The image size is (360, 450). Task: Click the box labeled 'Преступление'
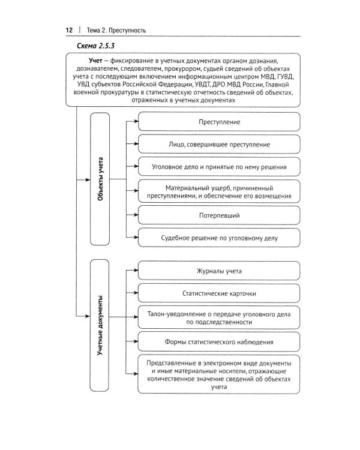(x=219, y=122)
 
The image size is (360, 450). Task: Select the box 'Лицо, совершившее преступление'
(x=219, y=145)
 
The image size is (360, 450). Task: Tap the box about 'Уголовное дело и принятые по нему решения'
(x=219, y=167)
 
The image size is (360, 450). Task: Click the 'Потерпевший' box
(x=219, y=214)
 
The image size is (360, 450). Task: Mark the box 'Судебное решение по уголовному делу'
(x=219, y=238)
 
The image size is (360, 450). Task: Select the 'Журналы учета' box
(x=219, y=271)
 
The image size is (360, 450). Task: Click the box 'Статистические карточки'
(x=219, y=295)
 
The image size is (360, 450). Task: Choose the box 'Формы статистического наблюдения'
(x=219, y=342)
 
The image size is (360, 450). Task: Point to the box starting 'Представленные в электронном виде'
(x=219, y=376)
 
